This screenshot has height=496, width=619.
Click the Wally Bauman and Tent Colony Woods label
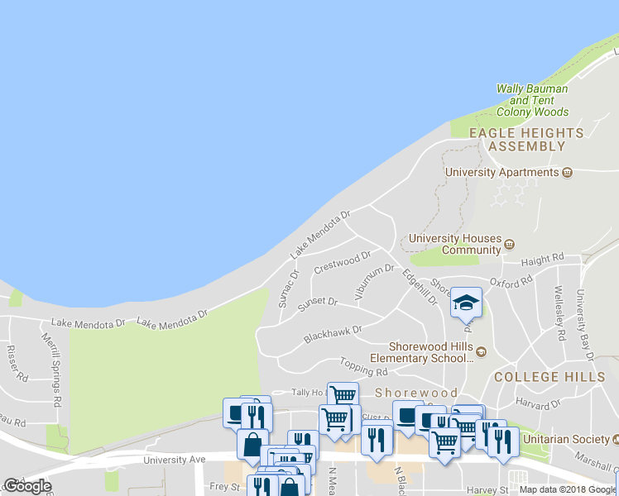(532, 100)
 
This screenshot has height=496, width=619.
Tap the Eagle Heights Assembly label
(526, 139)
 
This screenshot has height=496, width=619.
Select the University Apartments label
(502, 172)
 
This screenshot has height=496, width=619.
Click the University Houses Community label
(455, 244)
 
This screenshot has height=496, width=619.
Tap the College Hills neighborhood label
(549, 376)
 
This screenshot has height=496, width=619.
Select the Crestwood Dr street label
(342, 263)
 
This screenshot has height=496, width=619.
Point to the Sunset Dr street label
(318, 303)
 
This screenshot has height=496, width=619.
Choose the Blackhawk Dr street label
(333, 333)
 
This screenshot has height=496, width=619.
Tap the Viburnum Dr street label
(375, 279)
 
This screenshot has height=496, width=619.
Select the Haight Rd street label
(543, 259)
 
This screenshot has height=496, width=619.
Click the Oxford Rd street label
(510, 283)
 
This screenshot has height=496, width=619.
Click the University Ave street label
(174, 460)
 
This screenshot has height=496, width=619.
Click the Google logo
(27, 486)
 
